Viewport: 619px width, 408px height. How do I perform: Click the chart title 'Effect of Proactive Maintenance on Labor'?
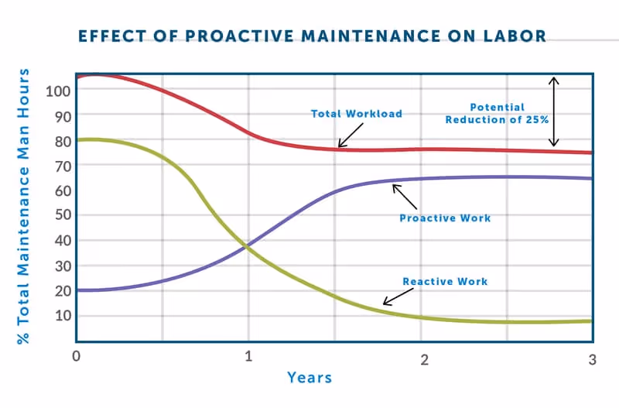pyautogui.click(x=312, y=36)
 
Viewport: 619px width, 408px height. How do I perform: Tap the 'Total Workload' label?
pyautogui.click(x=357, y=114)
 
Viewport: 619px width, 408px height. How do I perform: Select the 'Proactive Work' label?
pyautogui.click(x=445, y=218)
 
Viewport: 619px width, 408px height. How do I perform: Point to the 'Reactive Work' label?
pyautogui.click(x=445, y=281)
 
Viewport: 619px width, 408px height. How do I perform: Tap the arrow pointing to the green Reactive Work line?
pyautogui.click(x=398, y=295)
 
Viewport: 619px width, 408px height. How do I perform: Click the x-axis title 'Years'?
pyautogui.click(x=309, y=378)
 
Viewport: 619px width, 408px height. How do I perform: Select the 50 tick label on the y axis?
pyautogui.click(x=63, y=214)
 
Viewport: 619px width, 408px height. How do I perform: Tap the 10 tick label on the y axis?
pyautogui.click(x=63, y=315)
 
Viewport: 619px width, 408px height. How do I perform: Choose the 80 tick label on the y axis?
pyautogui.click(x=63, y=141)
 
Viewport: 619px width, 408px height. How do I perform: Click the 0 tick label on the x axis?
pyautogui.click(x=76, y=358)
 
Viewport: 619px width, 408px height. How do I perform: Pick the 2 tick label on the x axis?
pyautogui.click(x=423, y=359)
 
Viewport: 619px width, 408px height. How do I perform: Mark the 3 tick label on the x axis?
pyautogui.click(x=592, y=359)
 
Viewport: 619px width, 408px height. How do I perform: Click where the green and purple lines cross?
pyautogui.click(x=246, y=246)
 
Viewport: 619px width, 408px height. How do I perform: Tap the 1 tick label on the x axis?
pyautogui.click(x=249, y=358)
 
